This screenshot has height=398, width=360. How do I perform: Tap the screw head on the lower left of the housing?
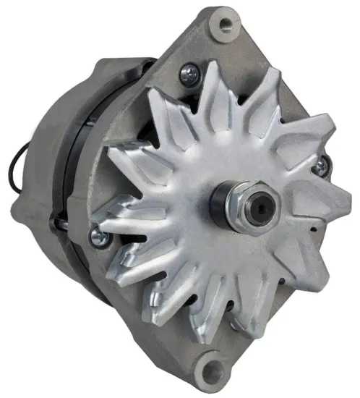coord(97,234)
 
